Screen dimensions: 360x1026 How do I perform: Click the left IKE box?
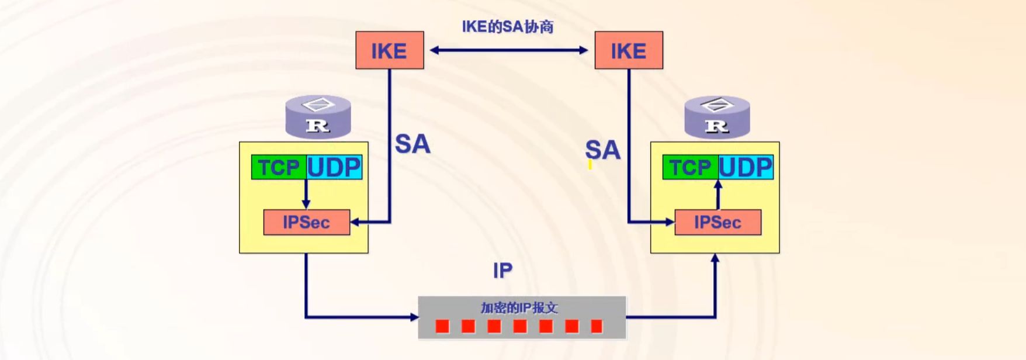[390, 50]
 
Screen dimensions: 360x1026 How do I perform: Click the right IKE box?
[629, 50]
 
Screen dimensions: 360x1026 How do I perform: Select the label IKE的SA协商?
[507, 26]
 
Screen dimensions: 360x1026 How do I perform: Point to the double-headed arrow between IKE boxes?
[508, 50]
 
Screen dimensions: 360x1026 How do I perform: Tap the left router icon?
[318, 117]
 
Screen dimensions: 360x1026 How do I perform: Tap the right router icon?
[717, 117]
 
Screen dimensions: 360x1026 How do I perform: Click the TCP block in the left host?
[279, 167]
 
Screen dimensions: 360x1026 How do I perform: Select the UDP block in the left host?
[334, 167]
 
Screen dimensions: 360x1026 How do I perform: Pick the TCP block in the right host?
[690, 167]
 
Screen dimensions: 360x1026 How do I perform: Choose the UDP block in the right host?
[746, 167]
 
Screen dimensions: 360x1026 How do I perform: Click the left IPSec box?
[307, 222]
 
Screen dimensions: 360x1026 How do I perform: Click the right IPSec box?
[717, 222]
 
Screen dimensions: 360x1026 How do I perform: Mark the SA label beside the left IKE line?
[413, 144]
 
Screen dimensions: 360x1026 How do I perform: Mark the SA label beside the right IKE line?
[602, 150]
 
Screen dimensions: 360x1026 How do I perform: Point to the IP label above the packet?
[502, 270]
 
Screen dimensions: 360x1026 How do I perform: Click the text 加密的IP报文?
[519, 307]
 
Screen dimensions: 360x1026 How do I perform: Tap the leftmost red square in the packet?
[442, 326]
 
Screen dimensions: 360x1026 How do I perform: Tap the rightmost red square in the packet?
[597, 326]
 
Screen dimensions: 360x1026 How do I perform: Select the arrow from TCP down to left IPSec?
[306, 194]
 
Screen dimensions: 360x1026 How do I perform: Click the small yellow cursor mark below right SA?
[590, 165]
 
